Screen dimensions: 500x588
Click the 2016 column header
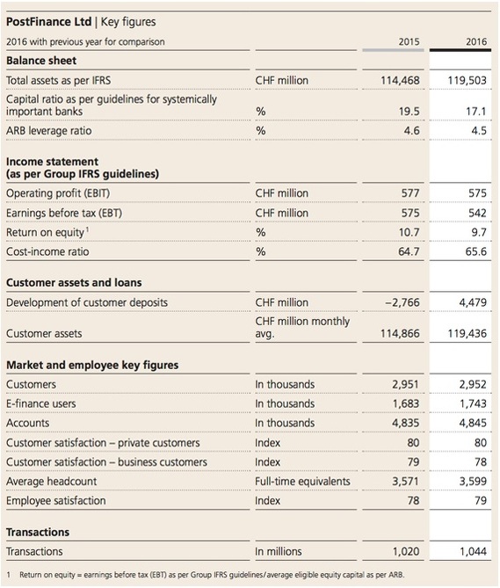coord(476,41)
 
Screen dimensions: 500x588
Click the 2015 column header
coord(409,41)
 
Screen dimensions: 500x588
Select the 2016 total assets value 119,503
coord(467,80)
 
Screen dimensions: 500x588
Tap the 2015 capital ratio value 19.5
coord(409,112)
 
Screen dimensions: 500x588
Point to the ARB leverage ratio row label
coord(48,130)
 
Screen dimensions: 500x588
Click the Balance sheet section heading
coord(41,61)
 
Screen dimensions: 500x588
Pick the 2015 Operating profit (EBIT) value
coord(410,193)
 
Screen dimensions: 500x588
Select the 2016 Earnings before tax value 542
coord(477,213)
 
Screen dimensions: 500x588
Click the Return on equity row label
coord(46,233)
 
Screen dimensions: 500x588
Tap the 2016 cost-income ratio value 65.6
coord(476,251)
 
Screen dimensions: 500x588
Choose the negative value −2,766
coord(402,302)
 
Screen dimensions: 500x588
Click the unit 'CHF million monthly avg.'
coord(302,327)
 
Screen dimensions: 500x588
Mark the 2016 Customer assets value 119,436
coord(467,333)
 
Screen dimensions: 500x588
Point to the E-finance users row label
coord(40,403)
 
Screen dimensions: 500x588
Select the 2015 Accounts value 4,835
coord(406,423)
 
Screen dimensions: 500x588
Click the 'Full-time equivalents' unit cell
coord(302,481)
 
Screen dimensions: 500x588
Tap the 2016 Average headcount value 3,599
coord(473,481)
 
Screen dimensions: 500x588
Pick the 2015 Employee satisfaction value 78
coord(413,500)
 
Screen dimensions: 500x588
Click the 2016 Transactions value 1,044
coord(473,551)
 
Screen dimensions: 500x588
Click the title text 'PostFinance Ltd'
coord(48,22)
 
